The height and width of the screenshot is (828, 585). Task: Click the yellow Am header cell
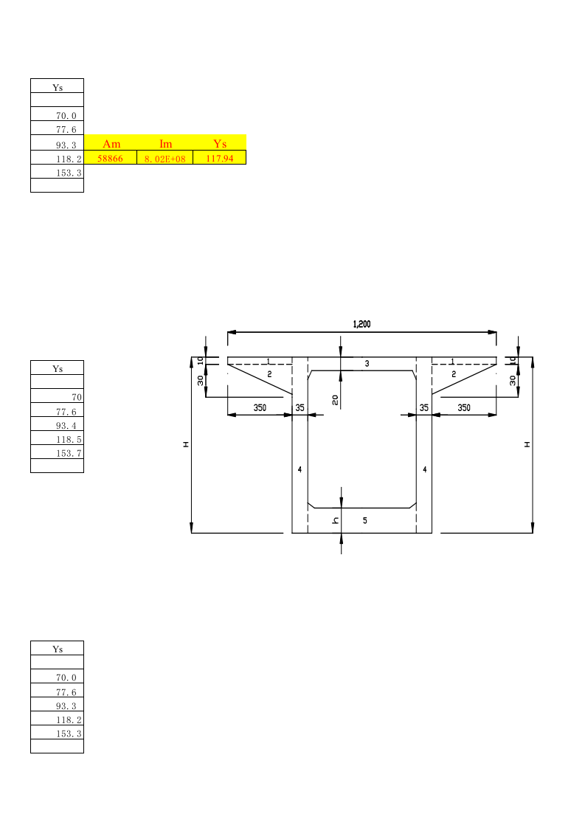coord(111,143)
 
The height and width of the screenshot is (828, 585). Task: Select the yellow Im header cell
coord(166,143)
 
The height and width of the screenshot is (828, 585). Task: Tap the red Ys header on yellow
coord(220,143)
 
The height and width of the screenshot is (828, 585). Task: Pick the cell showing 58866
coord(111,158)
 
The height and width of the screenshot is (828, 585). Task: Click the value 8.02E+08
coord(165,158)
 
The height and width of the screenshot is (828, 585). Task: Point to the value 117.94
coord(220,158)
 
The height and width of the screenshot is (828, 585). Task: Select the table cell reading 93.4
coord(57,424)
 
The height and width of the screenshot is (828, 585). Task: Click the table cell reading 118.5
coord(57,438)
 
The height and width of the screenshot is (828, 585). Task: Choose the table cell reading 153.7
coord(57,452)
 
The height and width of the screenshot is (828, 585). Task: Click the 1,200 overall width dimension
coord(361,324)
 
